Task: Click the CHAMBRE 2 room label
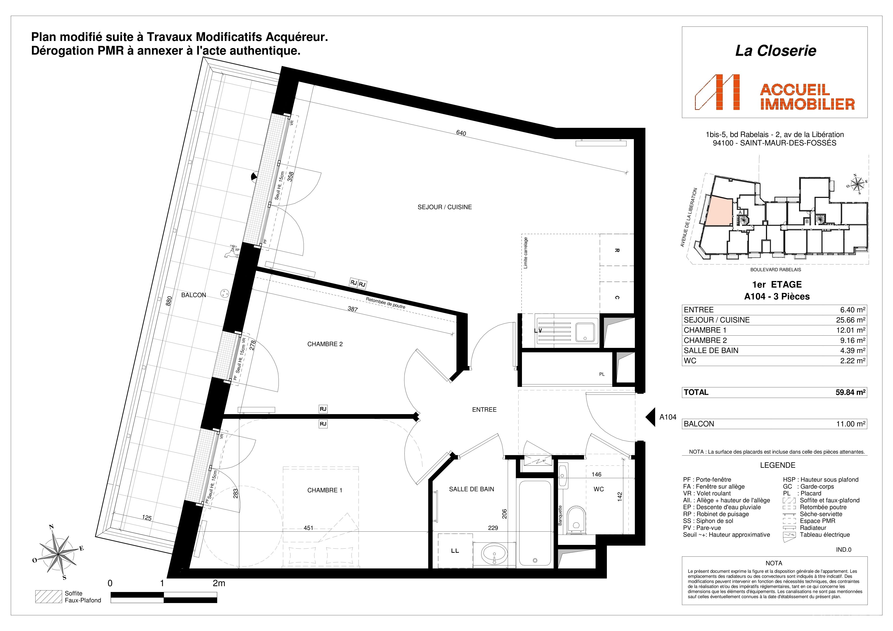[325, 344]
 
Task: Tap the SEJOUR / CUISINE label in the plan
[445, 207]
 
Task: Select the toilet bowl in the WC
[576, 519]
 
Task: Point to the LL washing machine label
[455, 551]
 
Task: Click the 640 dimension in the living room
[461, 133]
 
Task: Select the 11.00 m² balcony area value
[851, 424]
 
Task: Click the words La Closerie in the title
[775, 51]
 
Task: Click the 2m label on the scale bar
[219, 583]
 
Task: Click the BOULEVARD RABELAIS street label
[775, 269]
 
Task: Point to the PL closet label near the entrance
[602, 374]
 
